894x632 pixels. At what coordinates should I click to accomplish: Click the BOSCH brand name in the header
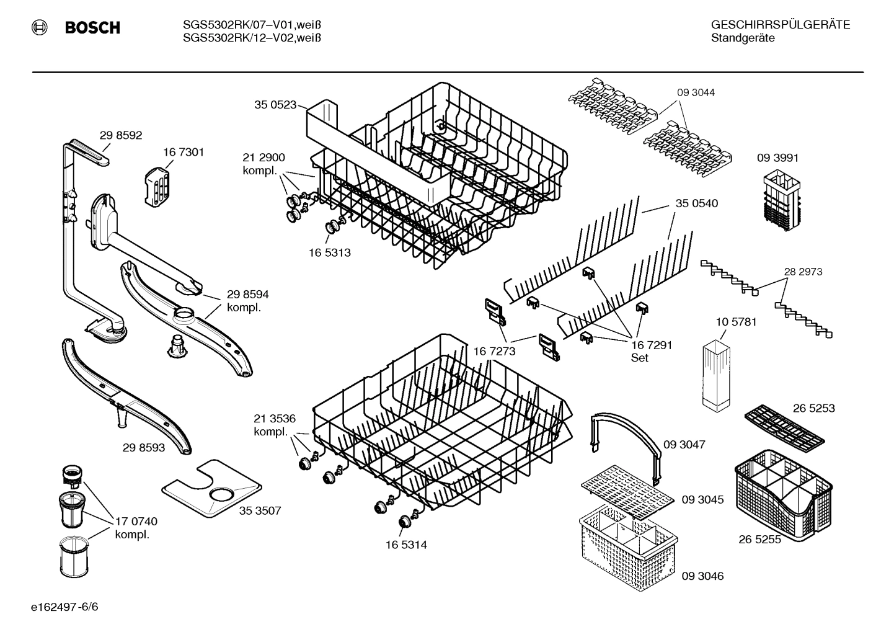[x=92, y=28]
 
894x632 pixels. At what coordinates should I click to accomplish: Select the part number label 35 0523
[x=275, y=105]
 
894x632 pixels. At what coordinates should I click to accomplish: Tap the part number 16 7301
[x=184, y=152]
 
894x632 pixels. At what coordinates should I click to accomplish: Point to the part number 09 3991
[x=777, y=158]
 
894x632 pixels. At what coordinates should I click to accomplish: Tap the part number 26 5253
[x=813, y=408]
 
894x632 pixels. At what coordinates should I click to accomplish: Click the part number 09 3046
[x=702, y=576]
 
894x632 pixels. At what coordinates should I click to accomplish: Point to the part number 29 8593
[x=144, y=447]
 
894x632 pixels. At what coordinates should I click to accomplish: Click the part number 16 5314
[x=406, y=545]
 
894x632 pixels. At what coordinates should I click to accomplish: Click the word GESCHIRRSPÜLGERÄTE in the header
[x=780, y=25]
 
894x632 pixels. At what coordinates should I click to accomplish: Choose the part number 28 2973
[x=803, y=272]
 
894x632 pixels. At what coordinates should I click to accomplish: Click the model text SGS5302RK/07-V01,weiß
[x=252, y=25]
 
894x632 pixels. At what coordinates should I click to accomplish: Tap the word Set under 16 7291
[x=639, y=358]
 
